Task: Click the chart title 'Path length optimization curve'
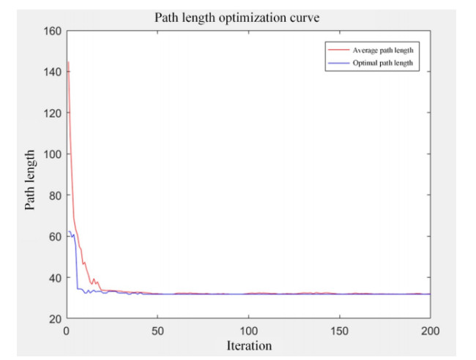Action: (x=248, y=18)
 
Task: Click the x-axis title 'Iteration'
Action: (x=248, y=345)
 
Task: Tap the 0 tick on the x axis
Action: (x=67, y=330)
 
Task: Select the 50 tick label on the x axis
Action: (x=157, y=330)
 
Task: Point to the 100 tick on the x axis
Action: (x=248, y=330)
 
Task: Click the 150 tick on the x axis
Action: (x=339, y=330)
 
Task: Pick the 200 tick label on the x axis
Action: (x=429, y=330)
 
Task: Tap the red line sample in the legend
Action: (x=338, y=50)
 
